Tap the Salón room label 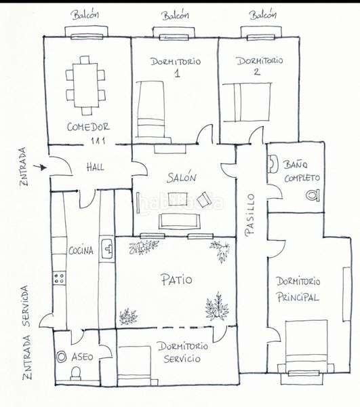coord(182,177)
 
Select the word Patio coord(177,279)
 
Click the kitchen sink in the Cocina coord(107,249)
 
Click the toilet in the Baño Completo coord(313,195)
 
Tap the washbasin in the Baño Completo coord(273,164)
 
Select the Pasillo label coord(250,215)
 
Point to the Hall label coord(95,167)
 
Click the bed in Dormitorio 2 coord(247,102)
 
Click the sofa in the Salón coord(179,221)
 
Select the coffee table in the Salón coord(178,199)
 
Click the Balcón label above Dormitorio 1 coord(176,15)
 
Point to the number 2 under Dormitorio coord(257,71)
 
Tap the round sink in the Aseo coord(62,357)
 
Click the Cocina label coord(81,250)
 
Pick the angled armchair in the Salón coord(205,199)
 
